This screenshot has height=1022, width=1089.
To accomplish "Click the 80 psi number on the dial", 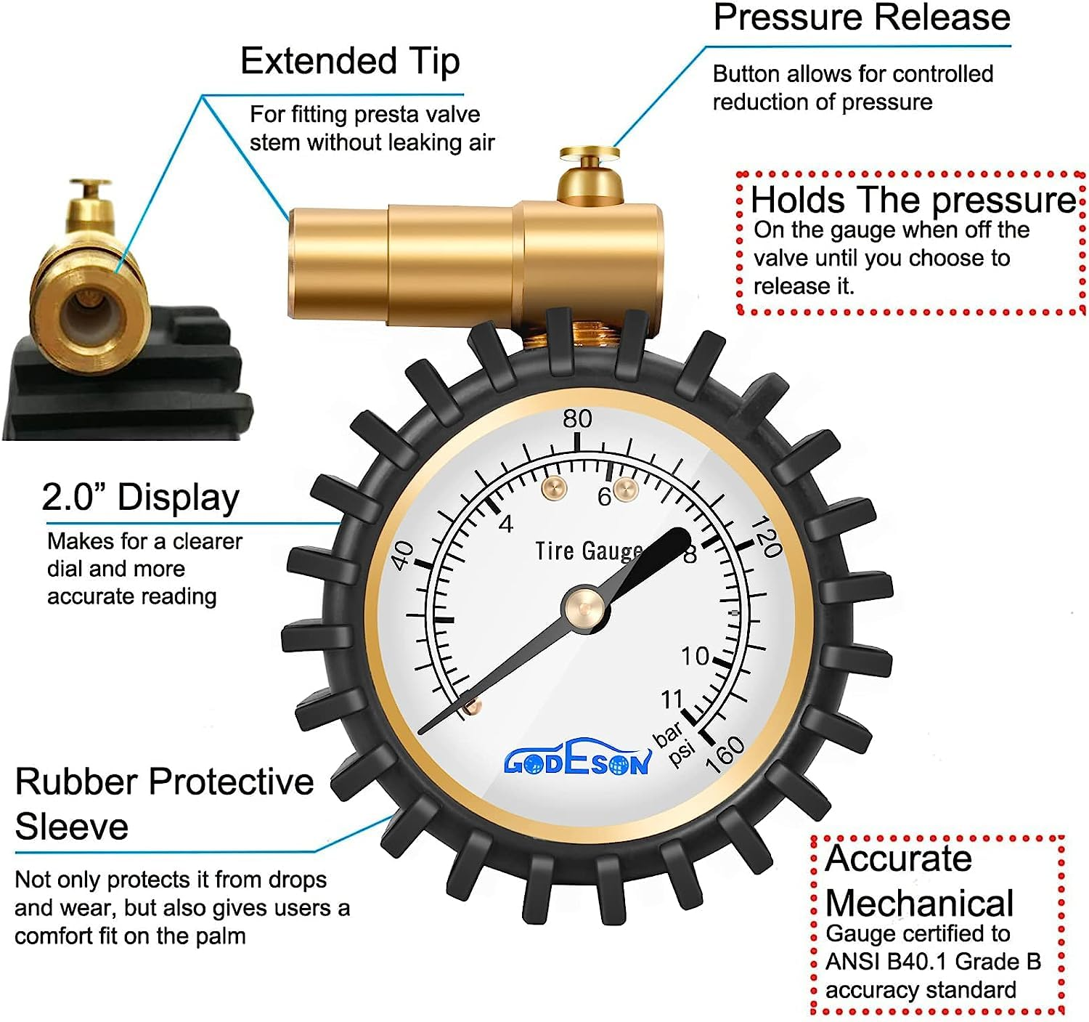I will pos(577,418).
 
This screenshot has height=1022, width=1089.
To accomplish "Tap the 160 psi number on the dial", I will pos(725,754).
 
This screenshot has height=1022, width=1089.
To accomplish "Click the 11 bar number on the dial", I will pos(672,699).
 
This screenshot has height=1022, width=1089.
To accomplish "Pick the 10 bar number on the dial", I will pos(695,656).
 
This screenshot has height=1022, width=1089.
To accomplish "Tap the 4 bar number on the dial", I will pos(506,524).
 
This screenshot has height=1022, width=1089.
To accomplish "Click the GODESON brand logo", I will pos(577,761).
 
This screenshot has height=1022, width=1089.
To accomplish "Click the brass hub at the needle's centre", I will pos(584,607).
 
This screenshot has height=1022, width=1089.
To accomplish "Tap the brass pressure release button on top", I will pos(590,154).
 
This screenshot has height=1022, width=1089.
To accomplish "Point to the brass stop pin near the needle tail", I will pos(471,706).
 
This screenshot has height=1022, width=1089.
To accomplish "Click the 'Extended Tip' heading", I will pos(350,61).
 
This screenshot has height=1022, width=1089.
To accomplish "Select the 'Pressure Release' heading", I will pos(862,17).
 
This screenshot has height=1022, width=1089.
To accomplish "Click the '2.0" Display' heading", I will pos(140,498).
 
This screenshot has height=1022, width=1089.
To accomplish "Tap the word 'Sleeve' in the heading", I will pos(71,827).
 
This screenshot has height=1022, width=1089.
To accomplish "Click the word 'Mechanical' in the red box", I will pos(919,904).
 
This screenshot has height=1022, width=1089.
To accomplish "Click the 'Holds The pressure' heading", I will pos(913,200).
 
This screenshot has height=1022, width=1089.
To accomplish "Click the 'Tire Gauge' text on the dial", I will pos(588,551).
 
